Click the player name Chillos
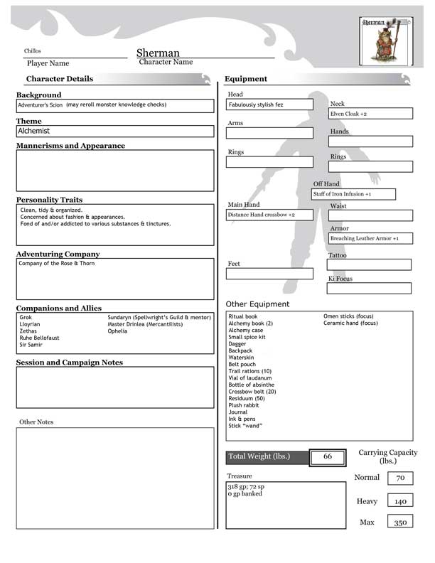(x=33, y=52)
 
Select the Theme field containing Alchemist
(x=114, y=132)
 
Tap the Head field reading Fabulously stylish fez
(x=269, y=105)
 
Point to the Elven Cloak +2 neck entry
(x=370, y=114)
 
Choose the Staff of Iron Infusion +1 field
(x=353, y=194)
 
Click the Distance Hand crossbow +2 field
(x=269, y=215)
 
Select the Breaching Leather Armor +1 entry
(x=370, y=239)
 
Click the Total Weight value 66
(x=328, y=456)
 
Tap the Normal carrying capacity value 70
(x=400, y=478)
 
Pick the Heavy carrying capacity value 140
(x=400, y=501)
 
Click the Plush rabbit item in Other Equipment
(x=244, y=405)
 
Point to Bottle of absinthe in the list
(x=251, y=385)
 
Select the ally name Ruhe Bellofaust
(x=40, y=338)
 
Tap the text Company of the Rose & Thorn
(x=57, y=264)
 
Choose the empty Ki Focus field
(x=369, y=289)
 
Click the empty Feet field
(x=269, y=274)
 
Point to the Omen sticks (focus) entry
(x=348, y=316)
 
